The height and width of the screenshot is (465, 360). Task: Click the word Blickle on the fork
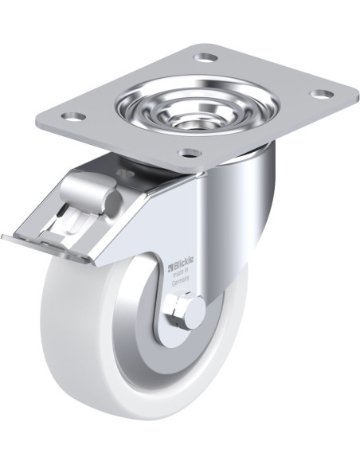pos(183,260)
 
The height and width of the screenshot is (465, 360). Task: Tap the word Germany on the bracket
pos(180,281)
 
